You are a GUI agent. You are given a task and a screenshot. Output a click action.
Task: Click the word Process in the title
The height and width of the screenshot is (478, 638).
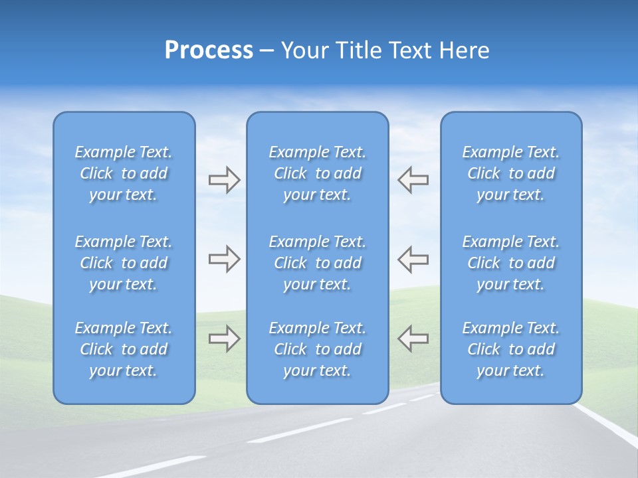[x=209, y=50]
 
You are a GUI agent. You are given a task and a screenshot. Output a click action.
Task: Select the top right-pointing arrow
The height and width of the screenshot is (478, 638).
[x=224, y=180]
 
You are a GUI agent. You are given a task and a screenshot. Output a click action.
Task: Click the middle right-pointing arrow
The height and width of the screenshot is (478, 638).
[x=224, y=259]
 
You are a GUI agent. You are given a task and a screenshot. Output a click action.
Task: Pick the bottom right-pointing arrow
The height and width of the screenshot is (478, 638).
[x=224, y=339]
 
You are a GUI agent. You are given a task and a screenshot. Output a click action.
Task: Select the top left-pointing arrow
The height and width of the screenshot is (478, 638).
[x=413, y=180]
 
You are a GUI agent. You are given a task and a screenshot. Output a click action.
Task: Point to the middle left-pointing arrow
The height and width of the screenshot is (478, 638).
[x=413, y=259]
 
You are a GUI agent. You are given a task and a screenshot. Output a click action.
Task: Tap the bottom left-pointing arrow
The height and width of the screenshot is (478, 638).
[x=413, y=339]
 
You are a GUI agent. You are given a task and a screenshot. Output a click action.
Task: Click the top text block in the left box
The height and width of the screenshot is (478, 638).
[x=124, y=173]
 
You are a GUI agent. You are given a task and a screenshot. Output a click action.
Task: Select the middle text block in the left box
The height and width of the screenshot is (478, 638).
[x=124, y=263]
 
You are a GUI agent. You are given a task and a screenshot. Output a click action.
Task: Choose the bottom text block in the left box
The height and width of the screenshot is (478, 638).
[x=124, y=349]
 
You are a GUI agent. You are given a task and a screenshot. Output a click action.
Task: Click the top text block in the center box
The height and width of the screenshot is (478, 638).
[x=318, y=173]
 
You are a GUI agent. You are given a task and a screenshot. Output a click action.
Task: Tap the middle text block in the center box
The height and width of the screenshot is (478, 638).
[x=318, y=263]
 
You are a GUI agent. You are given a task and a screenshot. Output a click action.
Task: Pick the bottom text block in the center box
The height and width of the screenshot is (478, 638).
[x=318, y=349]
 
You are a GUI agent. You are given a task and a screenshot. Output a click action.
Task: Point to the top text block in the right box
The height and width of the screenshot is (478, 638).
[x=511, y=173]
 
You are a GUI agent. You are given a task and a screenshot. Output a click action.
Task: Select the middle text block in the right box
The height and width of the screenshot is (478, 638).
[x=511, y=263]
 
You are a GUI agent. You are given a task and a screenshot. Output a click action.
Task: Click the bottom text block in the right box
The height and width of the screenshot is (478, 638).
[x=511, y=349]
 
